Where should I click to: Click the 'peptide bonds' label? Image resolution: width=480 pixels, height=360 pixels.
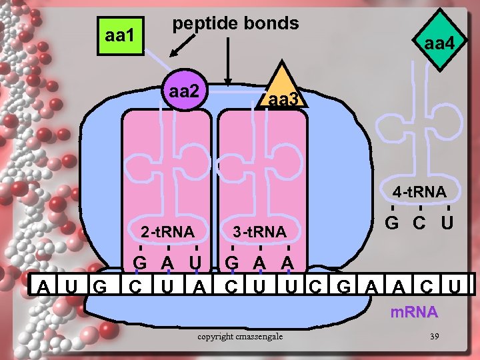point(235,23)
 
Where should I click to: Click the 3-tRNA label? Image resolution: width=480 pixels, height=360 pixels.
point(259,232)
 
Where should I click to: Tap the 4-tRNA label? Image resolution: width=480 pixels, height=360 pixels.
point(419,192)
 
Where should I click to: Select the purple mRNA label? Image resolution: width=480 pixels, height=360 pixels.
point(414,312)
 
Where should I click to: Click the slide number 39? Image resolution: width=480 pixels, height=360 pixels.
point(434,335)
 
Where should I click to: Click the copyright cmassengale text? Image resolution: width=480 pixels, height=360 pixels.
point(240,336)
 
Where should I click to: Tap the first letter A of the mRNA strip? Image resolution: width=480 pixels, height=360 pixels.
point(44,288)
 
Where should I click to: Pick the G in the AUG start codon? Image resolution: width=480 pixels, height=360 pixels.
point(101,288)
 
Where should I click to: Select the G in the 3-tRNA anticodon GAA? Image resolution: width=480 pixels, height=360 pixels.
point(231,262)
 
